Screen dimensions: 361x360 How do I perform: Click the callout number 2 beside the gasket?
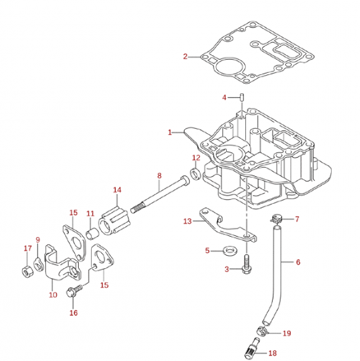(x=186, y=57)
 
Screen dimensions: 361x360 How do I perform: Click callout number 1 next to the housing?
(x=170, y=132)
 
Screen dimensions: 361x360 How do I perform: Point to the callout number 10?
(x=52, y=294)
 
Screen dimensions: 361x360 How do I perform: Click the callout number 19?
(x=287, y=333)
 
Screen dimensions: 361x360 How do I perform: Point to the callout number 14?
(x=117, y=190)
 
